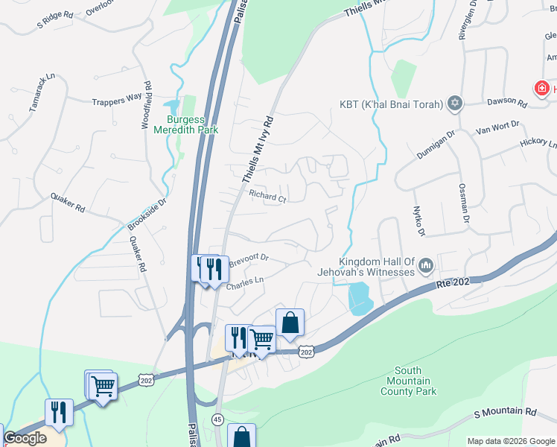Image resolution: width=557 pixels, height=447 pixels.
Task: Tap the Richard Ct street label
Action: pos(267,197)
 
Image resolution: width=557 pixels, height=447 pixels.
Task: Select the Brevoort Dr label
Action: pos(248,261)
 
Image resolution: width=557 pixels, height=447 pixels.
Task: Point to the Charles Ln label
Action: pos(245,284)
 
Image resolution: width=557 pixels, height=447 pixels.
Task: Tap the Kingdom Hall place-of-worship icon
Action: pos(427,265)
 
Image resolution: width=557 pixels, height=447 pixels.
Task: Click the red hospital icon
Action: pos(541,89)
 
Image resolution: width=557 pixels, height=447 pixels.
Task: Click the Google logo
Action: pos(25,438)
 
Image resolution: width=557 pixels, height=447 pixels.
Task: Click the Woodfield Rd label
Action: pos(147,104)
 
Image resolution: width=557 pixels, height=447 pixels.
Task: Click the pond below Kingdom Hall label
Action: pos(360,298)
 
